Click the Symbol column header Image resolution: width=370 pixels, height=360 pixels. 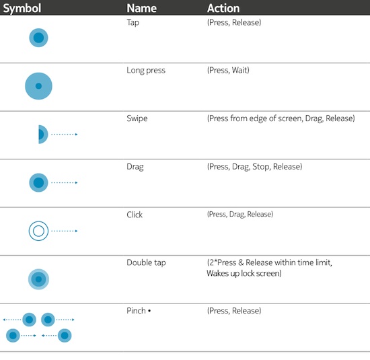(x=22, y=8)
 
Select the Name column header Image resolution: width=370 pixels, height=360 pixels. (x=141, y=8)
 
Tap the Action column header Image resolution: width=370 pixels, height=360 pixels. (x=223, y=8)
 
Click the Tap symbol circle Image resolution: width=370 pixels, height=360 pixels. (x=38, y=38)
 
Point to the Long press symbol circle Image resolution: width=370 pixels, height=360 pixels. (x=38, y=86)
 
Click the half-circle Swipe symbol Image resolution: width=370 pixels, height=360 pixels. (x=42, y=135)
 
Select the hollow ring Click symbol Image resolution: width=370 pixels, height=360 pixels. (x=38, y=231)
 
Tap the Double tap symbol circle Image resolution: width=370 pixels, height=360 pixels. (x=38, y=279)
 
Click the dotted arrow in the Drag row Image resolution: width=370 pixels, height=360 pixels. (x=65, y=183)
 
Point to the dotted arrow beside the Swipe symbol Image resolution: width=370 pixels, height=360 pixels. (x=65, y=135)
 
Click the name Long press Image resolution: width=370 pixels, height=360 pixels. (x=146, y=71)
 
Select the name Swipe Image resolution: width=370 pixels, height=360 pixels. (x=137, y=118)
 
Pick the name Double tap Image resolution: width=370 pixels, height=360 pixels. (x=146, y=262)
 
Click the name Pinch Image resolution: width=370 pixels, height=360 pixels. (x=136, y=311)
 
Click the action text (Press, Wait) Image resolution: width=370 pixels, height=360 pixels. (x=228, y=70)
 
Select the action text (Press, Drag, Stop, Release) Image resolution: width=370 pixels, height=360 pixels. (x=254, y=167)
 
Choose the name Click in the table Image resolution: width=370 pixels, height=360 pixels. (x=135, y=215)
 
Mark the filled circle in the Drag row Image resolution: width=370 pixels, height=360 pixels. (x=38, y=183)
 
